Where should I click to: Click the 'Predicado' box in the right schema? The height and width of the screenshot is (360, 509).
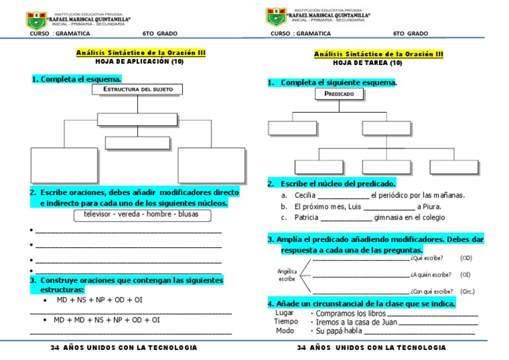(339, 94)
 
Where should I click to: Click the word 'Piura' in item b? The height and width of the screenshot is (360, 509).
(439, 207)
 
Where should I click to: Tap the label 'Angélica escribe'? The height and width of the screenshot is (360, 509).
(287, 275)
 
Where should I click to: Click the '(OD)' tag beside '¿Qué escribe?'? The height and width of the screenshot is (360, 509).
(466, 258)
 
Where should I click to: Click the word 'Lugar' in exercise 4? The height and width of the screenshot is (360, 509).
(284, 312)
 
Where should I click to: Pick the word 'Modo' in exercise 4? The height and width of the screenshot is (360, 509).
(285, 331)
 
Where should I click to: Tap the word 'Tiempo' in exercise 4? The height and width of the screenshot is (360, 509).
(286, 322)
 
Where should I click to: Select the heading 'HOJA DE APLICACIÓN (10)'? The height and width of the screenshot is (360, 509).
(140, 61)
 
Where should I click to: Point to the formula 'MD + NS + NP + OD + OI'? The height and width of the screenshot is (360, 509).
(99, 300)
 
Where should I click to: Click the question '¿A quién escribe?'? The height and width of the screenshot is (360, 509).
(431, 274)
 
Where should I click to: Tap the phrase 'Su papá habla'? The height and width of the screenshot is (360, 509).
(339, 331)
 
